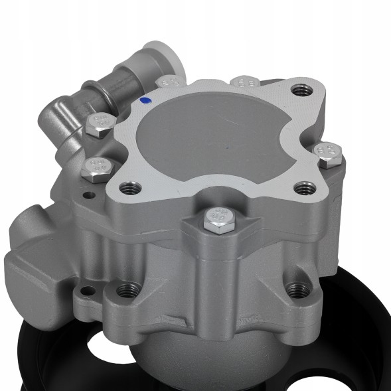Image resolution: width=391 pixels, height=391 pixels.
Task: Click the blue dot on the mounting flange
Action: pyautogui.click(x=145, y=101)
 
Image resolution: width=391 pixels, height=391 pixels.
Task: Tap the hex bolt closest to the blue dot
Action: pyautogui.click(x=169, y=82)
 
